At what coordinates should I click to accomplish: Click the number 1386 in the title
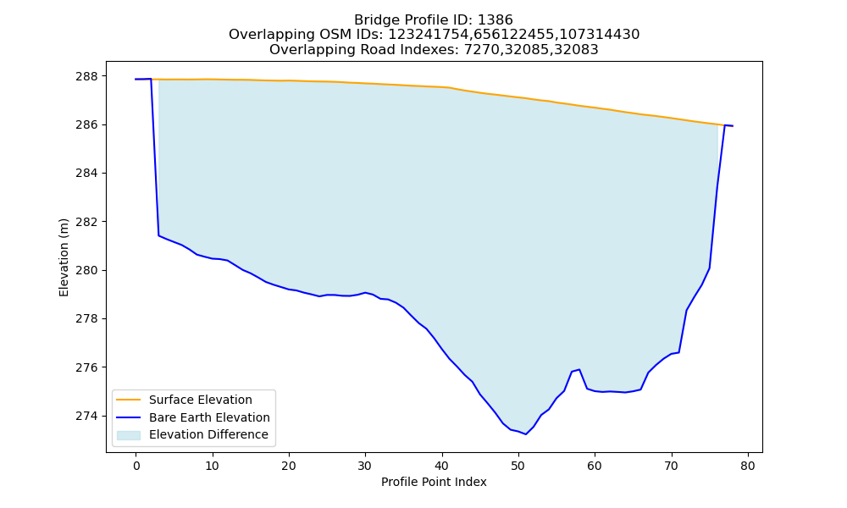coord(495,20)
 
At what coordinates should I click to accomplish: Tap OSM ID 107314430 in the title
coord(599,35)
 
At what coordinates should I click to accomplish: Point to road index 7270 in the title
coord(482,50)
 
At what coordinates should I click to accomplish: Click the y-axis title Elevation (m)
coord(64,257)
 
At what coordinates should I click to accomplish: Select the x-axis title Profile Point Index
coord(434,482)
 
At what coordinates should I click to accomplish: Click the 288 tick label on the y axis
coord(87,76)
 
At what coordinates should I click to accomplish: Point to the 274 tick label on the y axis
coord(87,417)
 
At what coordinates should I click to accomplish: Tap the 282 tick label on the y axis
coord(87,222)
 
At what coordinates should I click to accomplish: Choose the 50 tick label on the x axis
coord(518,466)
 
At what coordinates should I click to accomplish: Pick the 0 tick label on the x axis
coord(136,466)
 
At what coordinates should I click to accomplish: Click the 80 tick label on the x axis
coord(748,466)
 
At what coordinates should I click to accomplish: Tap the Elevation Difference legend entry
coord(192,434)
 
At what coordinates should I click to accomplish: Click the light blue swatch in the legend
coord(129,435)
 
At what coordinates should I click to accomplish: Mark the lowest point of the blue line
coord(526,434)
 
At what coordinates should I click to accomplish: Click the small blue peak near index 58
coord(579,370)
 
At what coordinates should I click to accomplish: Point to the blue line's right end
coord(733,126)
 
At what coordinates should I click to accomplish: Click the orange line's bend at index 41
coord(449,87)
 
